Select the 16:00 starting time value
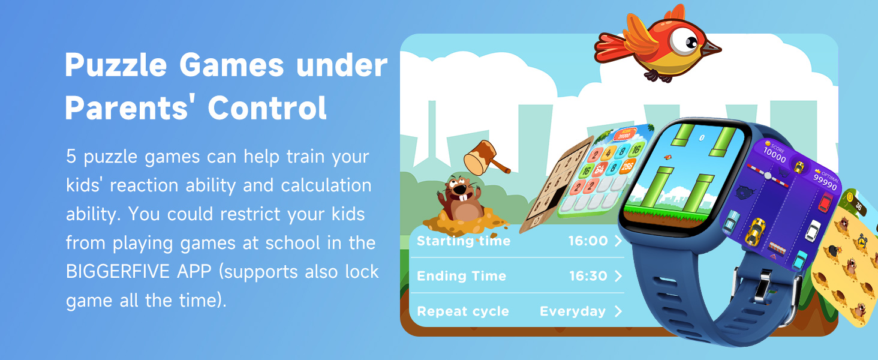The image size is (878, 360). tap(588, 241)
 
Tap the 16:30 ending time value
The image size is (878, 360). tap(588, 277)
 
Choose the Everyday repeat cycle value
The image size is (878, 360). tap(573, 311)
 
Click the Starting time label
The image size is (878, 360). tap(464, 241)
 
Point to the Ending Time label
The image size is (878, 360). tap(461, 277)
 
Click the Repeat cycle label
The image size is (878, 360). tap(462, 311)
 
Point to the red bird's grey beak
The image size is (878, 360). tap(711, 48)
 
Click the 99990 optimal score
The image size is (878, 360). tap(825, 182)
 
